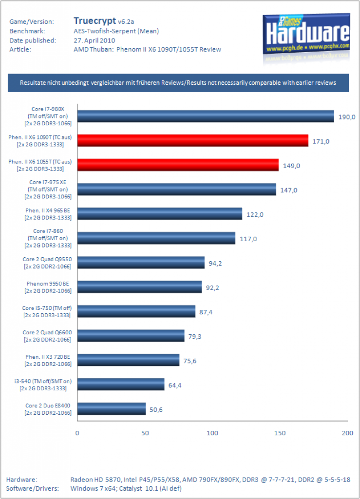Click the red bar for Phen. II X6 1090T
tap(193, 140)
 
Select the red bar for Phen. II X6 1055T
tap(178, 165)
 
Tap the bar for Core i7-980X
tap(206, 116)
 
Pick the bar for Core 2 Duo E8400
tap(111, 409)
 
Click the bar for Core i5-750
tap(136, 311)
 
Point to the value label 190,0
tap(347, 117)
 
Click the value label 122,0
tap(255, 215)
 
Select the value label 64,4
tap(175, 385)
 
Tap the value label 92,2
tap(212, 288)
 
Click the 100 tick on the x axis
tap(212, 433)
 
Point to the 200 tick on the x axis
tap(347, 433)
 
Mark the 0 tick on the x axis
tap(77, 433)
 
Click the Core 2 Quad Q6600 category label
tap(47, 336)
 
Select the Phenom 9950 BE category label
tap(48, 287)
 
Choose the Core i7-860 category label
tap(48, 238)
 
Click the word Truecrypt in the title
tap(95, 21)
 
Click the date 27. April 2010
tap(94, 40)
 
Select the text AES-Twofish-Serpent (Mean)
tap(116, 31)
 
